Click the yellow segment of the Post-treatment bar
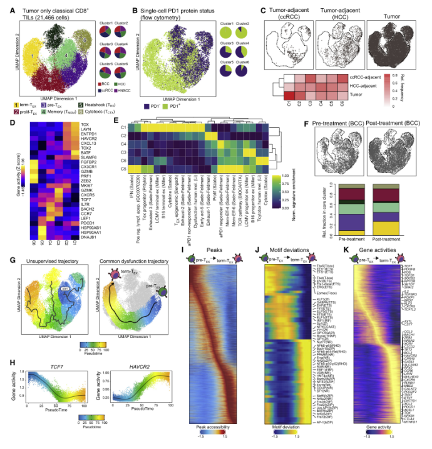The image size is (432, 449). point(386,226)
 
